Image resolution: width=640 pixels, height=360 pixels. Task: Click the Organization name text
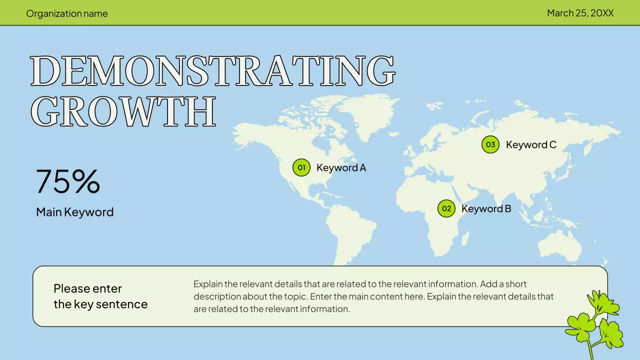click(67, 13)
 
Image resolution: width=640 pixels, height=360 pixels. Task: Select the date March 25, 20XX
click(580, 13)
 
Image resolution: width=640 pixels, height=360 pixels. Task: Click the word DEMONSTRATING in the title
click(212, 71)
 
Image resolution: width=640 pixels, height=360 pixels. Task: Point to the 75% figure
click(68, 181)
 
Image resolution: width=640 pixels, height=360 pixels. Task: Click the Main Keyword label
click(74, 212)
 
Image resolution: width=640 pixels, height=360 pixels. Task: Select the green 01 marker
click(301, 167)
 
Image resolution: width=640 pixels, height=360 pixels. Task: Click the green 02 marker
click(446, 208)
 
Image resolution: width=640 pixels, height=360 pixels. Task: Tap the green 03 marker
click(490, 144)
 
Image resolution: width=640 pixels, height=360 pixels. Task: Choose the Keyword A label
click(341, 168)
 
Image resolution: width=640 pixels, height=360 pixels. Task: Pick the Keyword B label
click(486, 208)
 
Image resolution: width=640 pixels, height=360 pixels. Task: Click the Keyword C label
click(531, 145)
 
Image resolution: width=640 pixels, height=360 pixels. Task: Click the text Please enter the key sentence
click(100, 296)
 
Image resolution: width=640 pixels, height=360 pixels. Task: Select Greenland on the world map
click(367, 112)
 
